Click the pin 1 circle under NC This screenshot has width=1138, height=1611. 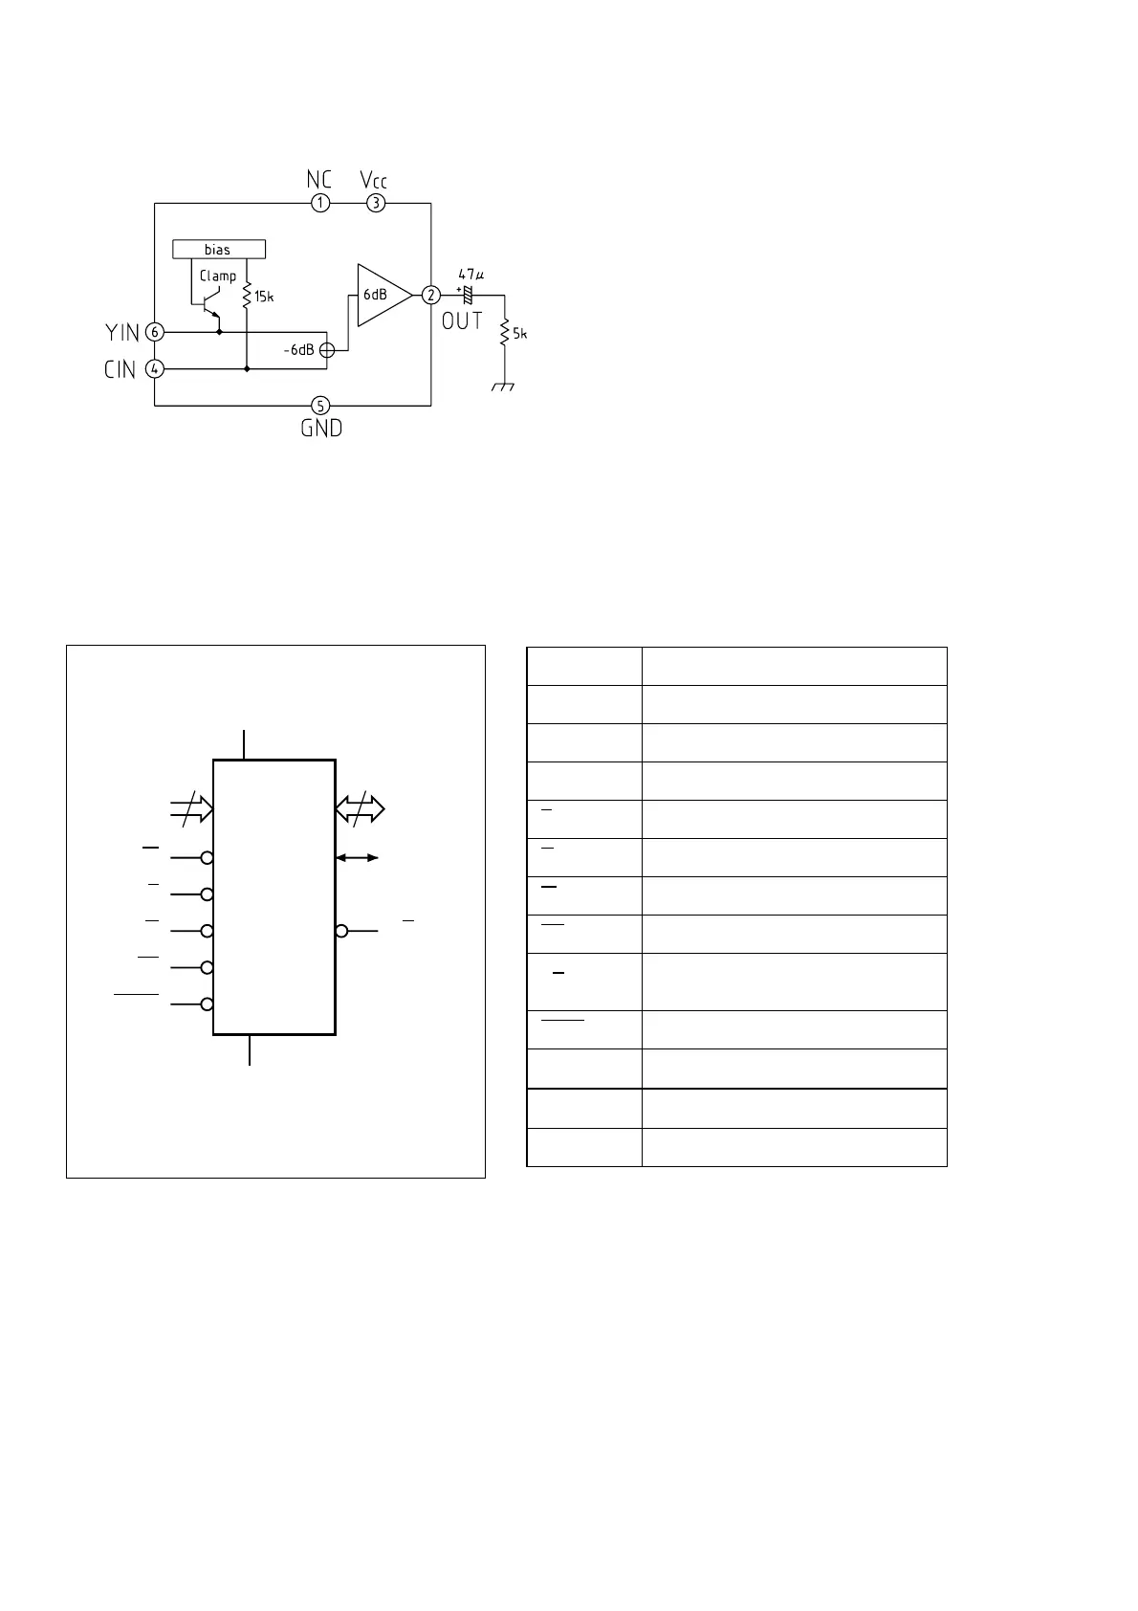[320, 203]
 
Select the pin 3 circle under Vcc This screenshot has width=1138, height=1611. [377, 203]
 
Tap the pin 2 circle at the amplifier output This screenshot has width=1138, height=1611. [432, 295]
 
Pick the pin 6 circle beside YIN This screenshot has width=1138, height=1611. [155, 332]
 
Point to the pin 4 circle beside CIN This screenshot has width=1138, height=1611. [155, 368]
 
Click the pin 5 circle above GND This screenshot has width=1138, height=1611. [320, 406]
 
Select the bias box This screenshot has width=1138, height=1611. [218, 250]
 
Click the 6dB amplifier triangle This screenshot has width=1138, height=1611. [381, 295]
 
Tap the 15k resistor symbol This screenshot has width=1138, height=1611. [246, 296]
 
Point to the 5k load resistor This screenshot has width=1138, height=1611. [504, 334]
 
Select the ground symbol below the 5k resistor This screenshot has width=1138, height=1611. [504, 387]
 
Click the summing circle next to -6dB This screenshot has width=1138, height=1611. [326, 350]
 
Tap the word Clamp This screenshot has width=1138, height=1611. [218, 276]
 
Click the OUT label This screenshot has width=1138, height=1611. [462, 321]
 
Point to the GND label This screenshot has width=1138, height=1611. [321, 429]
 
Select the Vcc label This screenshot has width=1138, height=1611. [374, 180]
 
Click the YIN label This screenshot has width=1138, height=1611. [122, 333]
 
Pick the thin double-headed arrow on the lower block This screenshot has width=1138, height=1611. [358, 858]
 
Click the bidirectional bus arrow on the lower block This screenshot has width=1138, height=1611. [360, 809]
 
